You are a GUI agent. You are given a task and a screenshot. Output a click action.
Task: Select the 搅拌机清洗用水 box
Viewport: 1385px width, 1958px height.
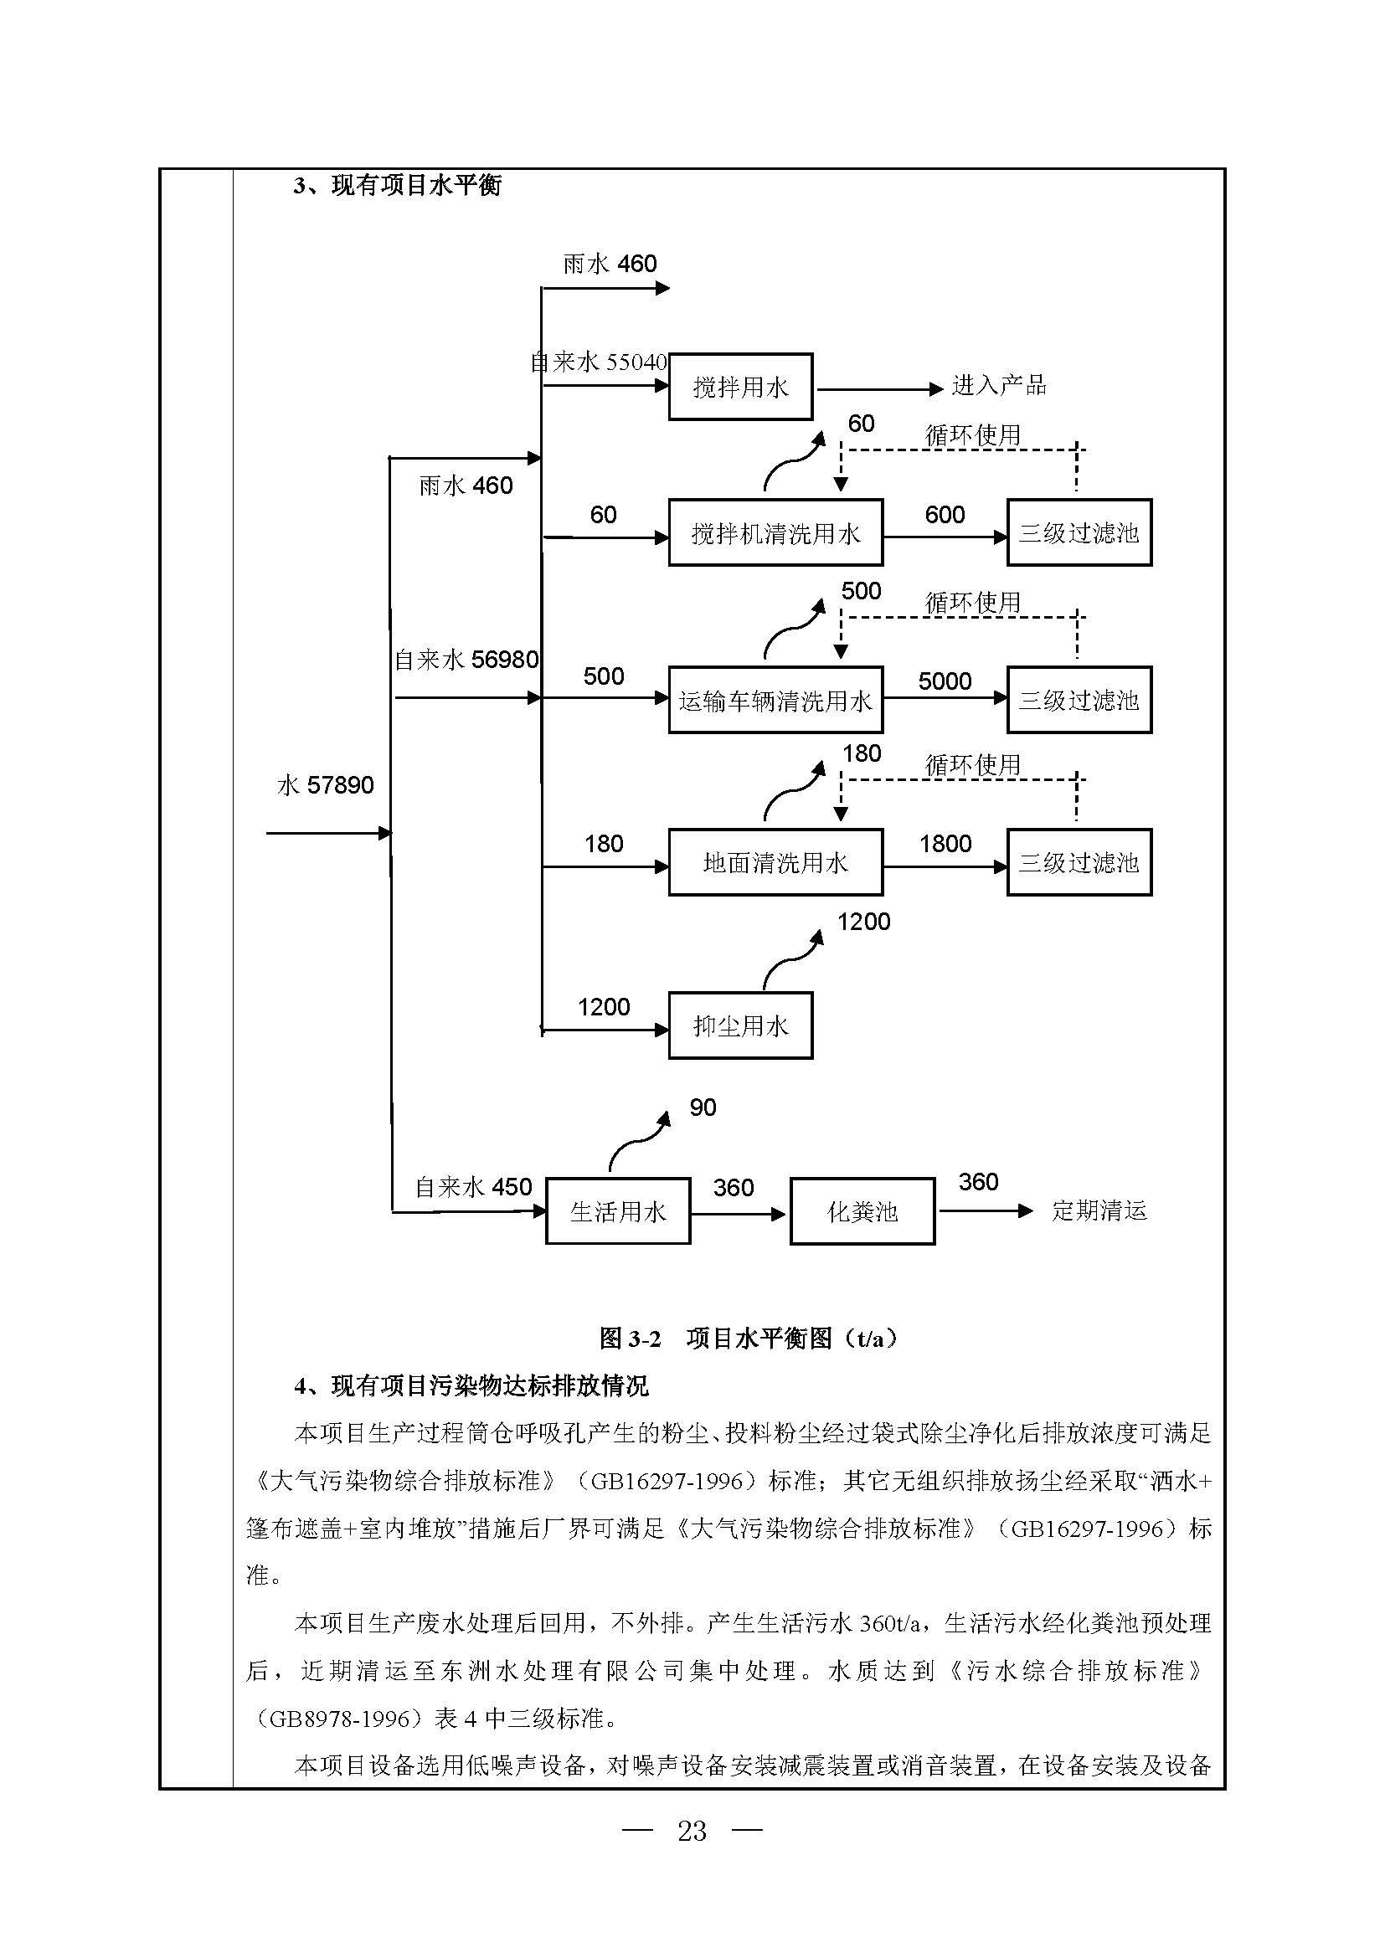775,532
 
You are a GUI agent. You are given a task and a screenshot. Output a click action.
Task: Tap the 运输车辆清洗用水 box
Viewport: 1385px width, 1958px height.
775,699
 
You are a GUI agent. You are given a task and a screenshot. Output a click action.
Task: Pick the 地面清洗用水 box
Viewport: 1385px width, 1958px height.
775,862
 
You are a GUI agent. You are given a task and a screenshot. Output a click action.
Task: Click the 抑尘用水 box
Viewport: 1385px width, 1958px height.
740,1025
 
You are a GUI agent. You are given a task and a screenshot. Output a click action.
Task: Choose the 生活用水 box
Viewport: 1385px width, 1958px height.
617,1211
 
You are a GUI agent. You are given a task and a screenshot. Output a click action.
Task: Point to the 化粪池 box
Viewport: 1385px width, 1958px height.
862,1211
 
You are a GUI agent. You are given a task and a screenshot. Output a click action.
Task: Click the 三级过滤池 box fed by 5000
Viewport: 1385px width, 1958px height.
1079,699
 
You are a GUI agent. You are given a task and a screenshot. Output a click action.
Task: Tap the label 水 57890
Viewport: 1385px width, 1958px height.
325,784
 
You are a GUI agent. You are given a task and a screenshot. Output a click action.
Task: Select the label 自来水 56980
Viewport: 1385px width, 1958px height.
466,659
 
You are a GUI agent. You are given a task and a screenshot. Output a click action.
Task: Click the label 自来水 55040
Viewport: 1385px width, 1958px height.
599,362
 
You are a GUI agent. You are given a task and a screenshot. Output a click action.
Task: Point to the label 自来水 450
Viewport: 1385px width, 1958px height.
473,1187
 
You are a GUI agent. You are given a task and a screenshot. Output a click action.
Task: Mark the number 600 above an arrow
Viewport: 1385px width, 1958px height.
945,514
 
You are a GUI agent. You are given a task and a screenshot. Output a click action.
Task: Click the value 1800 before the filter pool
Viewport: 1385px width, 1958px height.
945,844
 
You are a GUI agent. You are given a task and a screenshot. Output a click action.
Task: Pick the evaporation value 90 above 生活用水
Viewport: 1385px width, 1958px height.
703,1107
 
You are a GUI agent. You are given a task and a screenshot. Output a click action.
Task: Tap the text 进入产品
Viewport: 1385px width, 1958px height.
999,385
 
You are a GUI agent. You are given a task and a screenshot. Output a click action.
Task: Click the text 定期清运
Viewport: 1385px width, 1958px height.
1099,1210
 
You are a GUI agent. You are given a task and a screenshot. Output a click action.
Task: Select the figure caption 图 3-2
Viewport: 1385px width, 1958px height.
631,1338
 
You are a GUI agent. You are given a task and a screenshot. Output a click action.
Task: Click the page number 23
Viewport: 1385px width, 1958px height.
692,1830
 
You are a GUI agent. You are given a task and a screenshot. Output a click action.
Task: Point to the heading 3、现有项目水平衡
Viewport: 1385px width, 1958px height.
398,185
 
